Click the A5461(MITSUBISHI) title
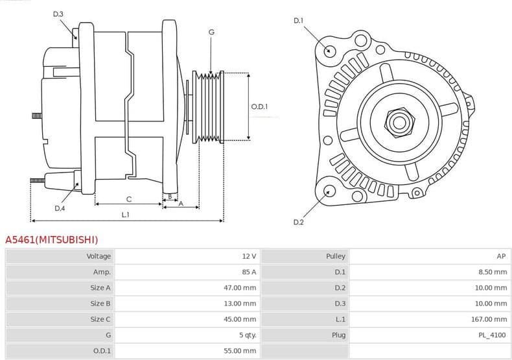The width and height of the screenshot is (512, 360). coord(52,240)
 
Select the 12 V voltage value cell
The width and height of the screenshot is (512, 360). coord(249,256)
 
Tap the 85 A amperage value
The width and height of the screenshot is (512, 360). coord(248,272)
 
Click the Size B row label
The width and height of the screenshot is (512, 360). coord(100,303)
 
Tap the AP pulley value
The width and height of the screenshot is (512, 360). coord(501,256)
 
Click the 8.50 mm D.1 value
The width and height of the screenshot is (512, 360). coord(493,272)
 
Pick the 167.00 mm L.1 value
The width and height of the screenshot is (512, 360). coord(490,319)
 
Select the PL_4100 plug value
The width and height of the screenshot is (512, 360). coord(493,335)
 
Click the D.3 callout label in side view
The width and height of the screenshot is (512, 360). coord(58,14)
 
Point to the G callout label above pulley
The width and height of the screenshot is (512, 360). coord(211,32)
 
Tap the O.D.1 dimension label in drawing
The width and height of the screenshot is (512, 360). coord(260,106)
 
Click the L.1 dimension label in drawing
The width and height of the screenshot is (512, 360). coord(126,214)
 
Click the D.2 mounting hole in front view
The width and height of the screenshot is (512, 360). coord(329,191)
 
